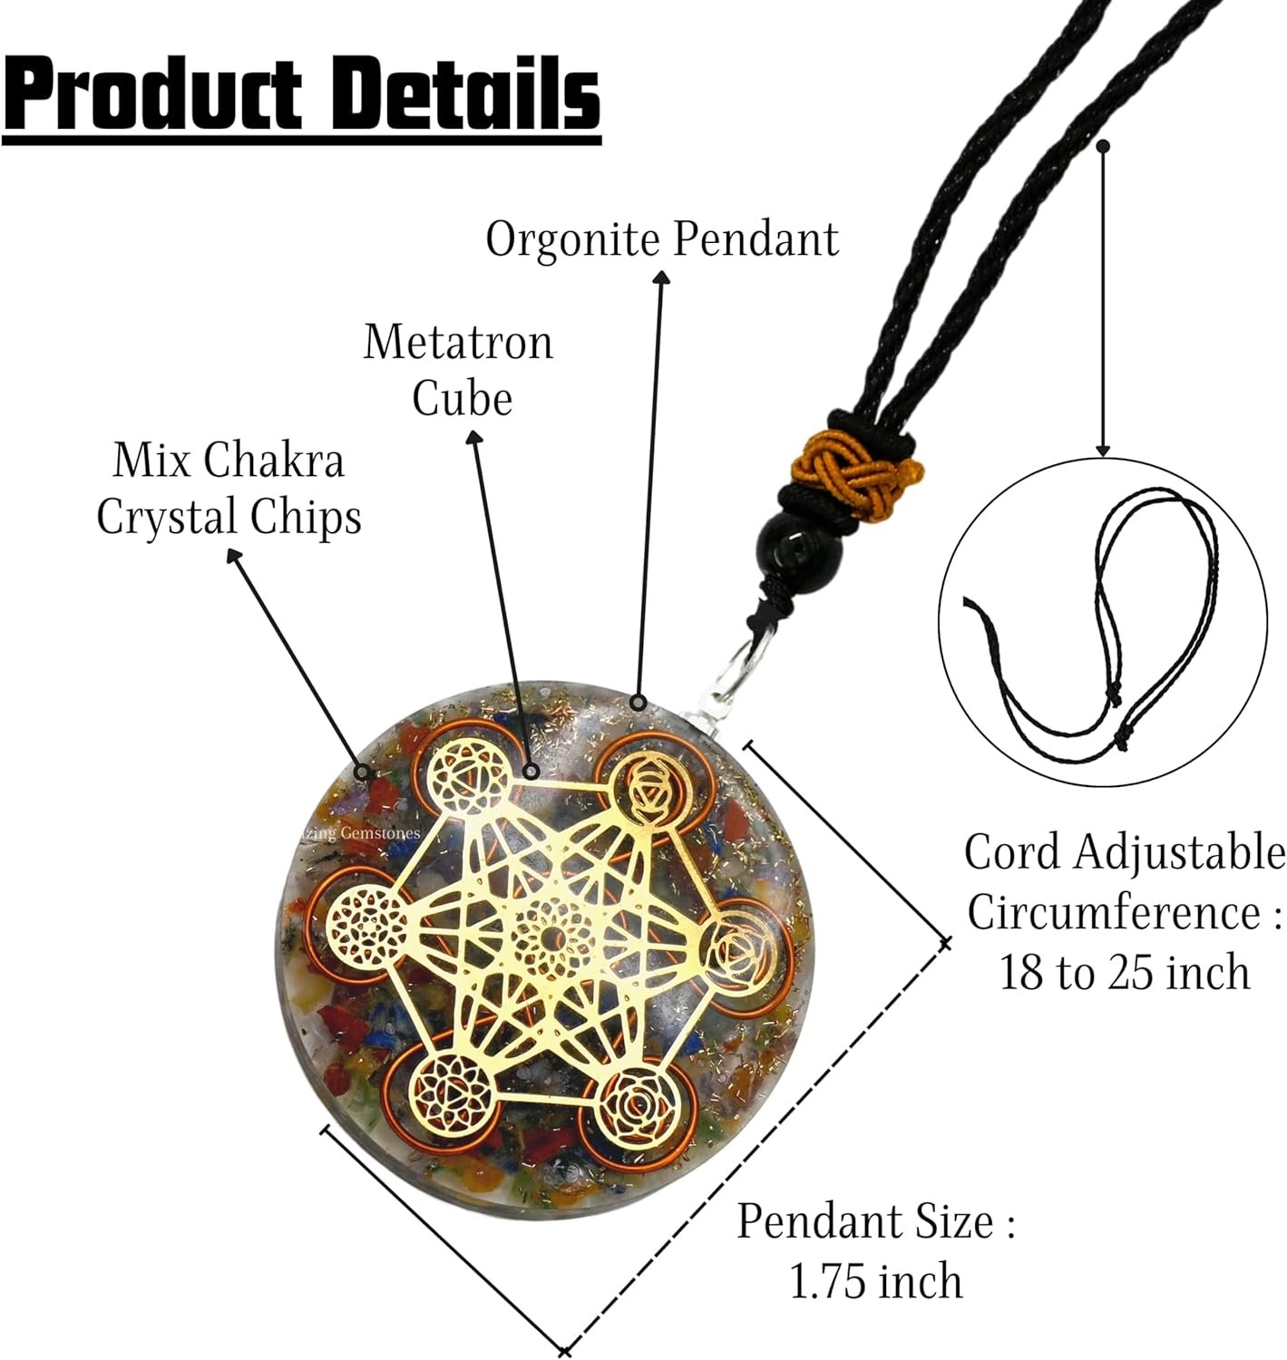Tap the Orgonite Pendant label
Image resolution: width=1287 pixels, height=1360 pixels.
(662, 240)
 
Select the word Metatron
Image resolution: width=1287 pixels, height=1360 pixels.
(458, 343)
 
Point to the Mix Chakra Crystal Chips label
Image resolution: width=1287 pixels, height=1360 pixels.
(229, 490)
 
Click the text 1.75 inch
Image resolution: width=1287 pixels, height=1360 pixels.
(875, 1282)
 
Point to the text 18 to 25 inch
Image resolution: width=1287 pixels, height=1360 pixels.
(1124, 973)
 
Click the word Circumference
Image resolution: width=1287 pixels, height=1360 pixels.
(1115, 913)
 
